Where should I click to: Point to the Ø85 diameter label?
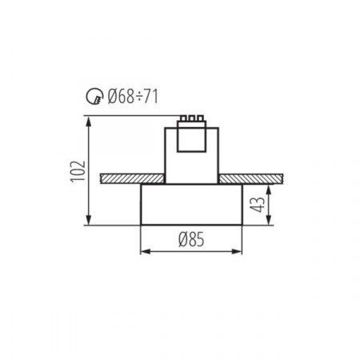pos(191,238)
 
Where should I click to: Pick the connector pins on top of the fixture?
pos(191,118)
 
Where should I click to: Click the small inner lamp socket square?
pos(191,141)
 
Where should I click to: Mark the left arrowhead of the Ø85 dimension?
pos(144,251)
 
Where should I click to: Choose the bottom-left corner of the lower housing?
pos(141,225)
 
